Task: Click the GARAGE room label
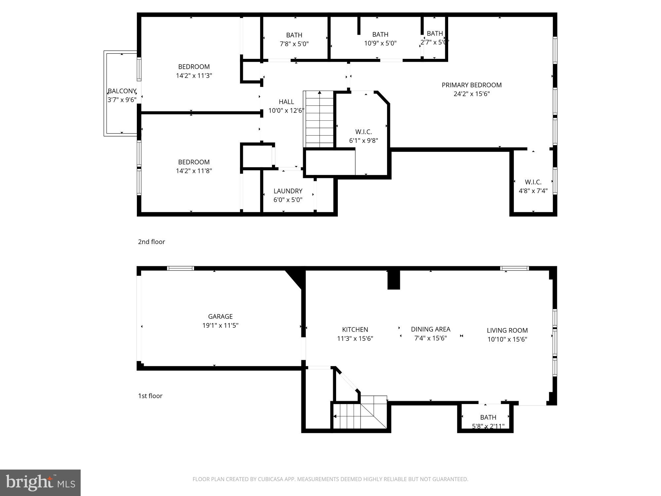[220, 316]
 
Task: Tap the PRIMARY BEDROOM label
[472, 85]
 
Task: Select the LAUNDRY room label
[288, 191]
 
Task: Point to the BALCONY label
[122, 91]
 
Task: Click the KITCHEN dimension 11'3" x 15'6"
[355, 338]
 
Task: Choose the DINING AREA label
[430, 329]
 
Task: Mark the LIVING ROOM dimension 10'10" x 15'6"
[507, 339]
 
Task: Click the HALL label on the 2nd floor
[286, 102]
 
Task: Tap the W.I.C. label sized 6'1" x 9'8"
[364, 132]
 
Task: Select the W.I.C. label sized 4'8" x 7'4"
[533, 182]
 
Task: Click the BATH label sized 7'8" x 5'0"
[294, 35]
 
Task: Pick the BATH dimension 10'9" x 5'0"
[380, 43]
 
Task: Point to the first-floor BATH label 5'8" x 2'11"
[488, 417]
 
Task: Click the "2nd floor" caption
[151, 242]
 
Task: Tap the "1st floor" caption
[150, 396]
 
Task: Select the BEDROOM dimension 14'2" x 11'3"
[194, 75]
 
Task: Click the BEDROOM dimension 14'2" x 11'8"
[194, 171]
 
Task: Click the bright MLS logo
[40, 483]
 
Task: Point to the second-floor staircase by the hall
[319, 119]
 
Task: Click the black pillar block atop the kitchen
[393, 280]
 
